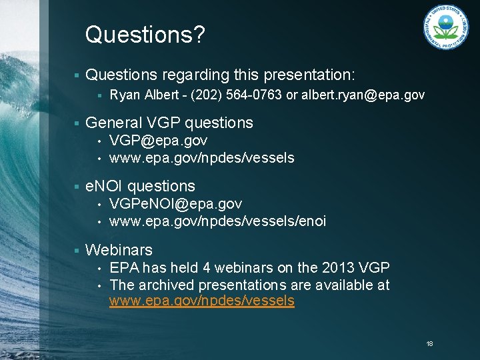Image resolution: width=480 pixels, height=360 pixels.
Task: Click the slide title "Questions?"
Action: (145, 35)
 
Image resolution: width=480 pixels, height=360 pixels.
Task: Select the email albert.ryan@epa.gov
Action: (363, 95)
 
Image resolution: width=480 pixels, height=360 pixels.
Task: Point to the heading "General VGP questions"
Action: (169, 123)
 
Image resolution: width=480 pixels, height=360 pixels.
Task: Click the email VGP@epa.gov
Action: (158, 141)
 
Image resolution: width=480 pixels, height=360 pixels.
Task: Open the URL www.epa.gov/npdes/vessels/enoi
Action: (217, 221)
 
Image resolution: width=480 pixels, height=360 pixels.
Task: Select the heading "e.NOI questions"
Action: (140, 187)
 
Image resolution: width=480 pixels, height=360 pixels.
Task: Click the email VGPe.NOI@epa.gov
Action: (175, 203)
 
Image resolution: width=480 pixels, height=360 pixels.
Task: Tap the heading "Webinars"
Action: (119, 250)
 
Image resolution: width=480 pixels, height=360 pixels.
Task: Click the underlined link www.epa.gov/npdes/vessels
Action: (201, 301)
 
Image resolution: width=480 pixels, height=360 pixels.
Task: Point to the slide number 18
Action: (429, 343)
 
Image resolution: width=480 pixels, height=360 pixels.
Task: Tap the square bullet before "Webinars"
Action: (78, 250)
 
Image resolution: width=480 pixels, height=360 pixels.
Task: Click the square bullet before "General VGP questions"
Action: (78, 123)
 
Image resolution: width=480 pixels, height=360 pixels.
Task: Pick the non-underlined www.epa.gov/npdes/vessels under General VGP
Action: (201, 158)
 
